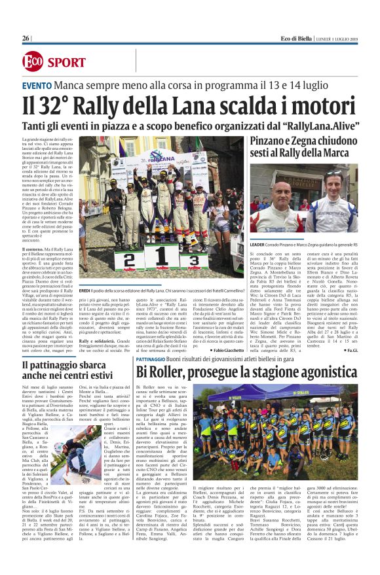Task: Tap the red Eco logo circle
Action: click(32, 62)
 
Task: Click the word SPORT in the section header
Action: click(66, 63)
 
